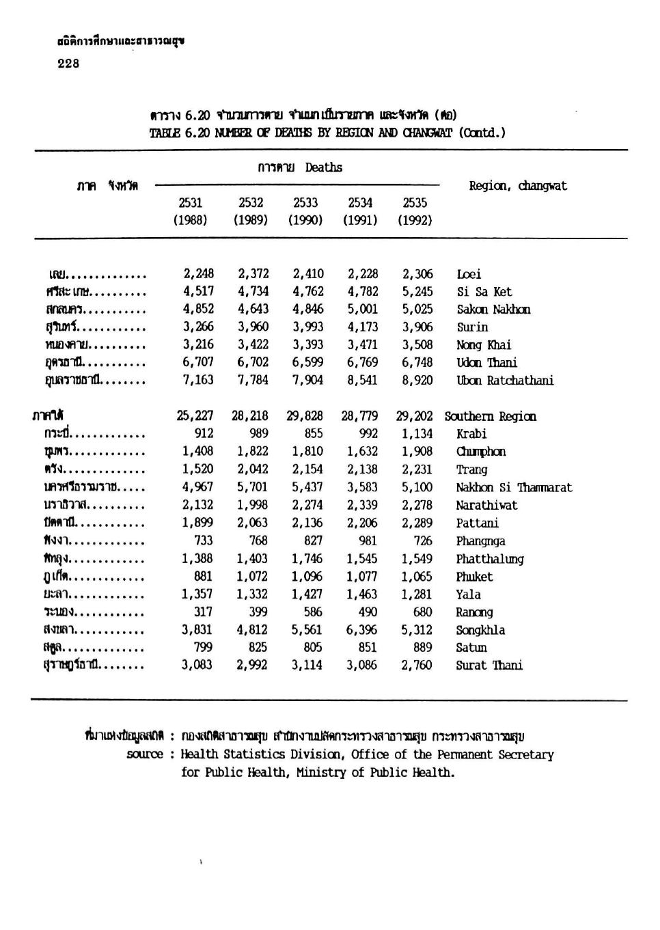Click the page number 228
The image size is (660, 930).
click(x=68, y=64)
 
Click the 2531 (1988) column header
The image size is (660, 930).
click(x=190, y=211)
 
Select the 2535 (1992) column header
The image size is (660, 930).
click(x=415, y=211)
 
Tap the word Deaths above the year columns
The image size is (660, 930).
click(x=324, y=167)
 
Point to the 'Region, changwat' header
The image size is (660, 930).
click(x=518, y=186)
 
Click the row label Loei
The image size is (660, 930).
click(x=469, y=274)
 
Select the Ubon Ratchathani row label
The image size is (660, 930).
click(x=505, y=381)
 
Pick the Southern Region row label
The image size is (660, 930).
click(x=490, y=416)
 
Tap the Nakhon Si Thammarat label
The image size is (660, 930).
click(x=514, y=487)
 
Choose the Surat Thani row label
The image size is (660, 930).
click(x=489, y=665)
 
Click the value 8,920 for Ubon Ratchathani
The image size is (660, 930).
click(x=417, y=380)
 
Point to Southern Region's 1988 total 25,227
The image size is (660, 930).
click(x=195, y=415)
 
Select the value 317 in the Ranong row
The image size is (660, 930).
click(x=203, y=612)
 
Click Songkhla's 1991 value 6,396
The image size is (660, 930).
click(x=361, y=629)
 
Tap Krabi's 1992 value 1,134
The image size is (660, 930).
click(x=417, y=433)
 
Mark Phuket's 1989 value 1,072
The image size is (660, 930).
click(x=252, y=576)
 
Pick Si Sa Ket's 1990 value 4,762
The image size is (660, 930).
click(x=307, y=291)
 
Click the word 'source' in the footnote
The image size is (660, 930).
click(x=145, y=754)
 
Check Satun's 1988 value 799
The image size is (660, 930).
click(x=203, y=647)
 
